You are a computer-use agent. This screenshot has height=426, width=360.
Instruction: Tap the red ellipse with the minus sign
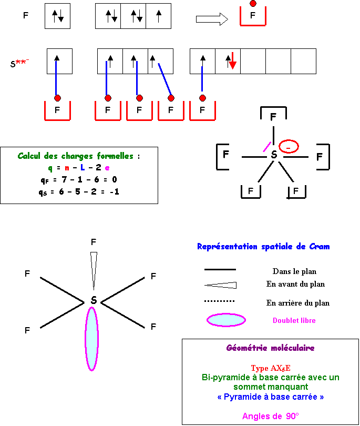[289, 147]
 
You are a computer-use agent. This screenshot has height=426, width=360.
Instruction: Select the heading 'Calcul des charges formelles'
[79, 156]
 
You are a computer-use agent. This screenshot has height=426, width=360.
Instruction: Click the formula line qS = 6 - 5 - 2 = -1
[79, 191]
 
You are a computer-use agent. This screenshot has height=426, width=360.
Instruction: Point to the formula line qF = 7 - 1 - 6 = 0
[79, 180]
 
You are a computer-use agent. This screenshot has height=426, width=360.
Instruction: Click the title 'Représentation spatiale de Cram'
[263, 247]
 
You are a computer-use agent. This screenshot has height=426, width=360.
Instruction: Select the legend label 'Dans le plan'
[294, 271]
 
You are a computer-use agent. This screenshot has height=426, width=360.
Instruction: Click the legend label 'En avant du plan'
[295, 285]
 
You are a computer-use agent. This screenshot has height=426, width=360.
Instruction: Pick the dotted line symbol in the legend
[219, 302]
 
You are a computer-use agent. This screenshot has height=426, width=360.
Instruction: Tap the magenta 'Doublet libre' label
[294, 320]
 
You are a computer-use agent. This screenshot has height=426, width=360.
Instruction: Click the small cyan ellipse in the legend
[227, 320]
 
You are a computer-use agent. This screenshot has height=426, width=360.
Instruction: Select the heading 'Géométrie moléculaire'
[270, 348]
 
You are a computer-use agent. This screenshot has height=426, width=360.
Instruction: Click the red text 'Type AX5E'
[270, 368]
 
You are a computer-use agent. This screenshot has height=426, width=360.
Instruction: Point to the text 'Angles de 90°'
[270, 416]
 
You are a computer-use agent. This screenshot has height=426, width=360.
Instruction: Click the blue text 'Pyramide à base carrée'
[270, 397]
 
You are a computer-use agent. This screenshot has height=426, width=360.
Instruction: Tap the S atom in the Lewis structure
[273, 155]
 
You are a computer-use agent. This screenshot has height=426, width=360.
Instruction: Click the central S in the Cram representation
[93, 300]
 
